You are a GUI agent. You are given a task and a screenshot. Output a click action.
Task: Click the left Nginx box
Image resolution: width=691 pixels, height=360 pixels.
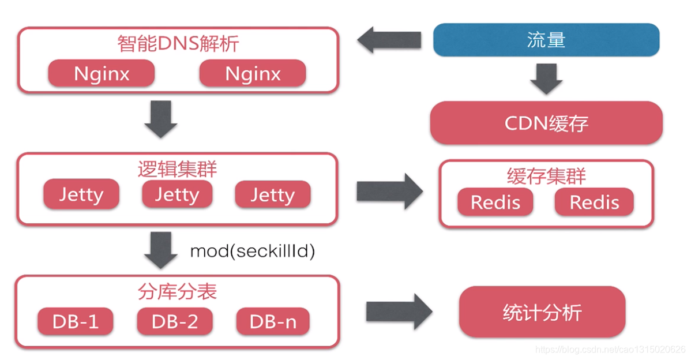pyautogui.click(x=101, y=74)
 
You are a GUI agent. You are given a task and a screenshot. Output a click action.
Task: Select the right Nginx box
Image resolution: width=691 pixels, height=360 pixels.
pyautogui.click(x=253, y=74)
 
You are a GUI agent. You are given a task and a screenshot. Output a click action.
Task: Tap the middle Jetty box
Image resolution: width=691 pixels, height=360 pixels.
pyautogui.click(x=177, y=195)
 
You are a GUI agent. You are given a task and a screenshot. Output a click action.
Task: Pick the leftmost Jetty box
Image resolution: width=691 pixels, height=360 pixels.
pyautogui.click(x=81, y=195)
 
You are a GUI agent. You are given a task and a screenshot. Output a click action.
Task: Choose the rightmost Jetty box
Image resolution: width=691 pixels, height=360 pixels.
pyautogui.click(x=272, y=195)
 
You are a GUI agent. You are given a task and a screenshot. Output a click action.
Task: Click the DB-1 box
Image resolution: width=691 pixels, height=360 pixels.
pyautogui.click(x=76, y=321)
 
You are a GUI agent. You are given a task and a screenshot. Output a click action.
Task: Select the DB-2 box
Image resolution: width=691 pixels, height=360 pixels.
pyautogui.click(x=175, y=321)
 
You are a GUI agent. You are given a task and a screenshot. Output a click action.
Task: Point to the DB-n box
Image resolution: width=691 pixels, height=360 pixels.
pyautogui.click(x=273, y=321)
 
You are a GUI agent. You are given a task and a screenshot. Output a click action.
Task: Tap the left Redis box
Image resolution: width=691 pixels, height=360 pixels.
pyautogui.click(x=495, y=202)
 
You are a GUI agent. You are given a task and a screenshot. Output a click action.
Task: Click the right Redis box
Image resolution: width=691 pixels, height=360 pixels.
pyautogui.click(x=594, y=202)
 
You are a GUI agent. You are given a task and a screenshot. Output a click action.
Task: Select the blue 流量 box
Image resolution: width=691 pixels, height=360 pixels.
pyautogui.click(x=546, y=40)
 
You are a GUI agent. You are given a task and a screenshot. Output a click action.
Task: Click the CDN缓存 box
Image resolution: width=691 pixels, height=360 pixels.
pyautogui.click(x=546, y=123)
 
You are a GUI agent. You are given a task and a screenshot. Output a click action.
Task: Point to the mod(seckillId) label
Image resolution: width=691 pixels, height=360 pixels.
pyautogui.click(x=252, y=251)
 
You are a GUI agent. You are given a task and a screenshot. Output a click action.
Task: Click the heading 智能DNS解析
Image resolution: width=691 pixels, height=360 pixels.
pyautogui.click(x=178, y=44)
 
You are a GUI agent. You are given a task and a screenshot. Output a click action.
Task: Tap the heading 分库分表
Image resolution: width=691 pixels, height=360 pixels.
pyautogui.click(x=178, y=291)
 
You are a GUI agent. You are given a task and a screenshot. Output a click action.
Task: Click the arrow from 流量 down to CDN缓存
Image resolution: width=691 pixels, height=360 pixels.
pyautogui.click(x=546, y=78)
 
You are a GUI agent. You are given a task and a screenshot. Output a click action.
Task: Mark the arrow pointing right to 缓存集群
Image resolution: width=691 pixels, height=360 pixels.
pyautogui.click(x=389, y=192)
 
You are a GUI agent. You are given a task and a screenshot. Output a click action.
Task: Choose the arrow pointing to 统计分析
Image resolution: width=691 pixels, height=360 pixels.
pyautogui.click(x=399, y=312)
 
